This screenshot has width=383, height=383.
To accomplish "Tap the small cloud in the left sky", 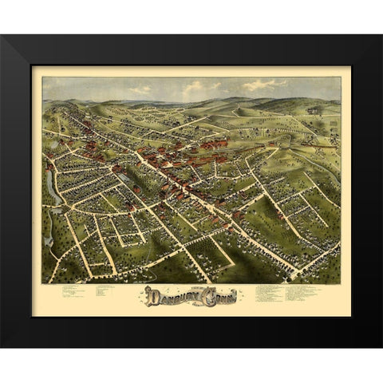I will pyautogui.click(x=141, y=89).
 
